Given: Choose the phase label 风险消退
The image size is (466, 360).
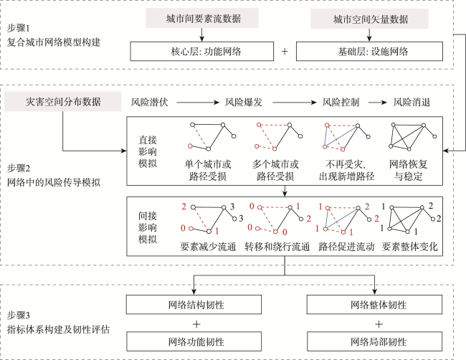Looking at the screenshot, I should [x=412, y=103].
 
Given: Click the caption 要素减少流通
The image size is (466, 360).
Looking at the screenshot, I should [x=209, y=247].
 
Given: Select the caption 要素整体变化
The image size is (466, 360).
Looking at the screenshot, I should [x=410, y=247].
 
